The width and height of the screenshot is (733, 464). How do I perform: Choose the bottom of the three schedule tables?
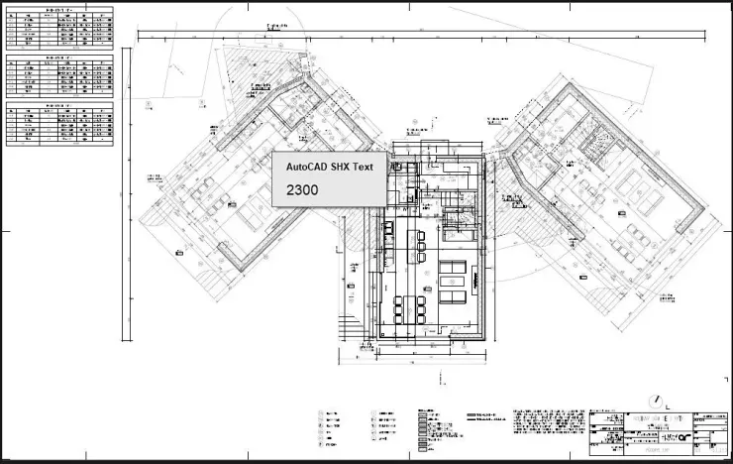click(x=59, y=122)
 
